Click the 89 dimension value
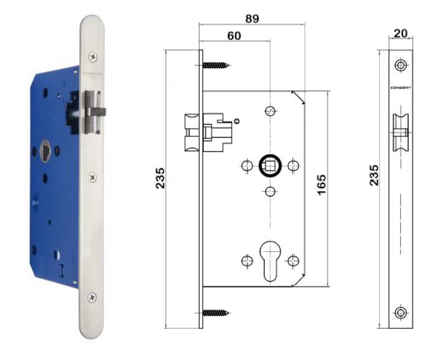pos(252,19)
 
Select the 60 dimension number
pos(234,37)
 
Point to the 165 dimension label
pos(322,186)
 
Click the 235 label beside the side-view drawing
pos(160,179)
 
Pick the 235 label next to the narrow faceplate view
pos(373,177)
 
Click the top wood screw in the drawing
pos(216,64)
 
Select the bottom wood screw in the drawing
pos(216,311)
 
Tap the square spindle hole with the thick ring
pos(270,166)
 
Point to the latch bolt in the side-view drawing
pos(194,131)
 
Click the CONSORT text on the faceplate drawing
pos(400,87)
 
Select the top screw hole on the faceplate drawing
pos(400,64)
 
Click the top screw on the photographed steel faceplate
pos(93,57)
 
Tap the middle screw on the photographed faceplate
pos(93,178)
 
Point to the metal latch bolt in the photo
pos(95,112)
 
